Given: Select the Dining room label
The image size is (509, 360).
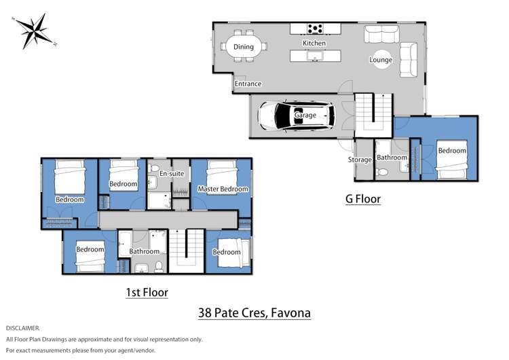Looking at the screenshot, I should tap(243, 47).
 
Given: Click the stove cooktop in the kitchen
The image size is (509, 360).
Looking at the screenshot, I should tap(315, 29).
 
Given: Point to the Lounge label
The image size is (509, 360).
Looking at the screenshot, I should tap(381, 60).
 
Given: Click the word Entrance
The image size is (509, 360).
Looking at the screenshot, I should tap(248, 84).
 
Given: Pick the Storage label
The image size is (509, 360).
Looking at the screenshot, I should tap(360, 160).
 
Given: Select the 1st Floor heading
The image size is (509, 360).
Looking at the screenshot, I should tap(147, 292).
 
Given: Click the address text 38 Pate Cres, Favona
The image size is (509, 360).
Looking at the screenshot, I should tap(254, 313).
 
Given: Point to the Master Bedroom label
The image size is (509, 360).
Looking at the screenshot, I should tap(221, 188).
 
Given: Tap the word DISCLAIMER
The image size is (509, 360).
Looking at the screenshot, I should tap(22, 328).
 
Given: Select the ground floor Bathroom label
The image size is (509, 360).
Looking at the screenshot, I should tap(392, 158).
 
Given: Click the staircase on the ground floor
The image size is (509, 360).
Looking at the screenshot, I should tap(375, 113).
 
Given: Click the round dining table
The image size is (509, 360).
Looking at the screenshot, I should tap(243, 47).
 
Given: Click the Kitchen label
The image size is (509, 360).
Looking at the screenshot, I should tap(314, 43).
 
